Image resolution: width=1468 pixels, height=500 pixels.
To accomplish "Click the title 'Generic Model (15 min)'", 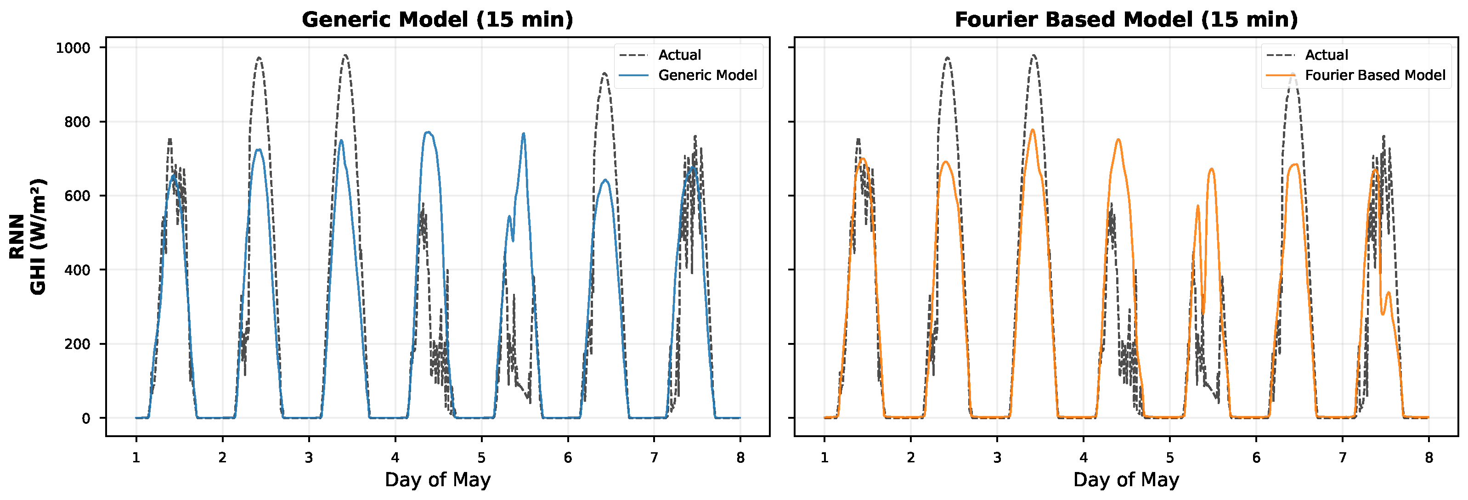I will pos(437,19).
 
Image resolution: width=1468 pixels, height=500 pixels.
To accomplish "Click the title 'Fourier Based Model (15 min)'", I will pos(1126,19).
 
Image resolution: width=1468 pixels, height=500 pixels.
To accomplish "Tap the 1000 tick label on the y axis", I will pos(73,48).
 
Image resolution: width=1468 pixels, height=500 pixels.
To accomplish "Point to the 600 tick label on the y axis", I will pos(78,196).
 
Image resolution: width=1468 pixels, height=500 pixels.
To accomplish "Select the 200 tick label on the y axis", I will pos(78,344).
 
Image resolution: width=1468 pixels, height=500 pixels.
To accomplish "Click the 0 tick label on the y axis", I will pos(86,419).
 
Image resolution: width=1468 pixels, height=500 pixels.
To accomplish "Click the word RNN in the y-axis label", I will pos(17,236).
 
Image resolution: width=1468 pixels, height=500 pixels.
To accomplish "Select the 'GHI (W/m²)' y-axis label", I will pos(38,236).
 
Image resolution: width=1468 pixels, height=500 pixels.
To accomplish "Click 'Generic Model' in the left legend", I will pos(707,75).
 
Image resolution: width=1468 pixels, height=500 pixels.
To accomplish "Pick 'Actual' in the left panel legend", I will pos(679,55).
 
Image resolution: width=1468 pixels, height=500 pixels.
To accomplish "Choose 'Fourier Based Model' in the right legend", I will pos(1375,75).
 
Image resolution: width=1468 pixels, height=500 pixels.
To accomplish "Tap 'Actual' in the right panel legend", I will pos(1326,55).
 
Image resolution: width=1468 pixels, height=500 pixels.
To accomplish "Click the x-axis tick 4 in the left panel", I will pos(395,457).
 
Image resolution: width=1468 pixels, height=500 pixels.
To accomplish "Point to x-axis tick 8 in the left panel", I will pos(740,457).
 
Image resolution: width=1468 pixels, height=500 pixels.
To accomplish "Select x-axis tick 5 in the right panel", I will pos(1170,457).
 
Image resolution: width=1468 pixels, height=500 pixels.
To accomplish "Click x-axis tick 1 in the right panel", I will pos(824,457).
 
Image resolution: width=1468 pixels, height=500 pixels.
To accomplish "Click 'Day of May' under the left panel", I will pos(437,479).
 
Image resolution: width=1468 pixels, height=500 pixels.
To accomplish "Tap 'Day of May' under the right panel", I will pos(1126,479).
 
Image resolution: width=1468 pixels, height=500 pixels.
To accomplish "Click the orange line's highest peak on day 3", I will pos(1032,130).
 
